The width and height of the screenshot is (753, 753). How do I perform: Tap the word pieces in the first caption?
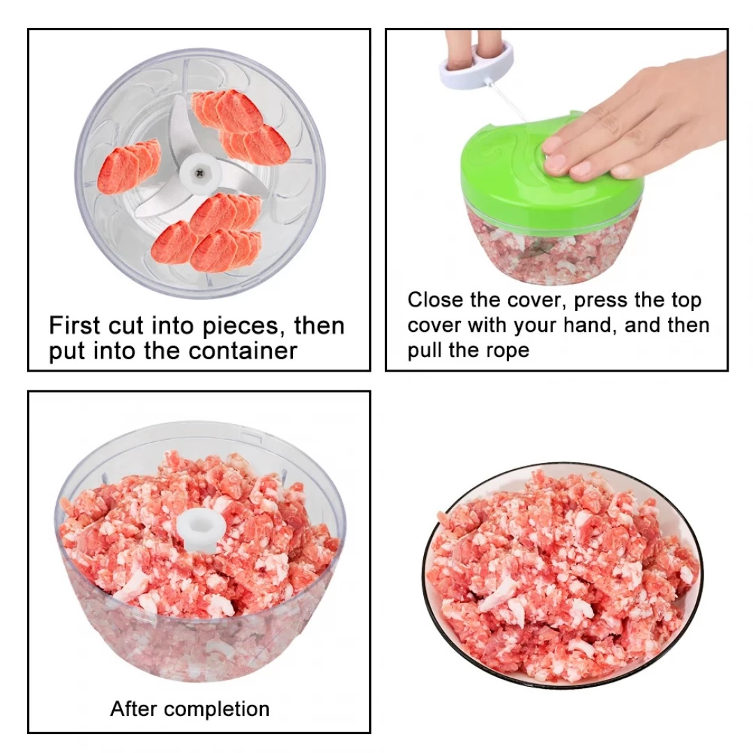pyautogui.click(x=241, y=326)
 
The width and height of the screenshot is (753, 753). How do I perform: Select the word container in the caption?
pyautogui.click(x=243, y=351)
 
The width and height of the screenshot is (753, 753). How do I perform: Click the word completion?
pyautogui.click(x=217, y=709)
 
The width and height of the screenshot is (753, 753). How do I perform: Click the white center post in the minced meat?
pyautogui.click(x=201, y=528)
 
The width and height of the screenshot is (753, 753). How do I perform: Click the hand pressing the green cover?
pyautogui.click(x=634, y=120)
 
